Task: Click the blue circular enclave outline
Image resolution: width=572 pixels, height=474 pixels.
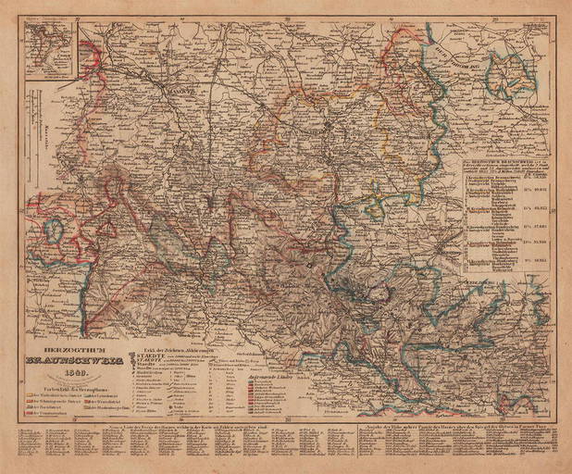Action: (52, 231)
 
